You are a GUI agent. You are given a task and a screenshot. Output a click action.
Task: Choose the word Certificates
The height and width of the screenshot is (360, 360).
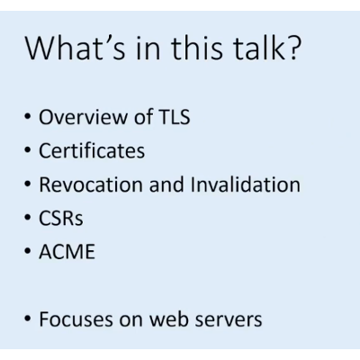pyautogui.click(x=91, y=151)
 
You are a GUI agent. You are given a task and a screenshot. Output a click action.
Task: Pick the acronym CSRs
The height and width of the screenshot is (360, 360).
pyautogui.click(x=59, y=218)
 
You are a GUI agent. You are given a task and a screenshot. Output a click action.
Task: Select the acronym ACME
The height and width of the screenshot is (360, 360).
pyautogui.click(x=66, y=251)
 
